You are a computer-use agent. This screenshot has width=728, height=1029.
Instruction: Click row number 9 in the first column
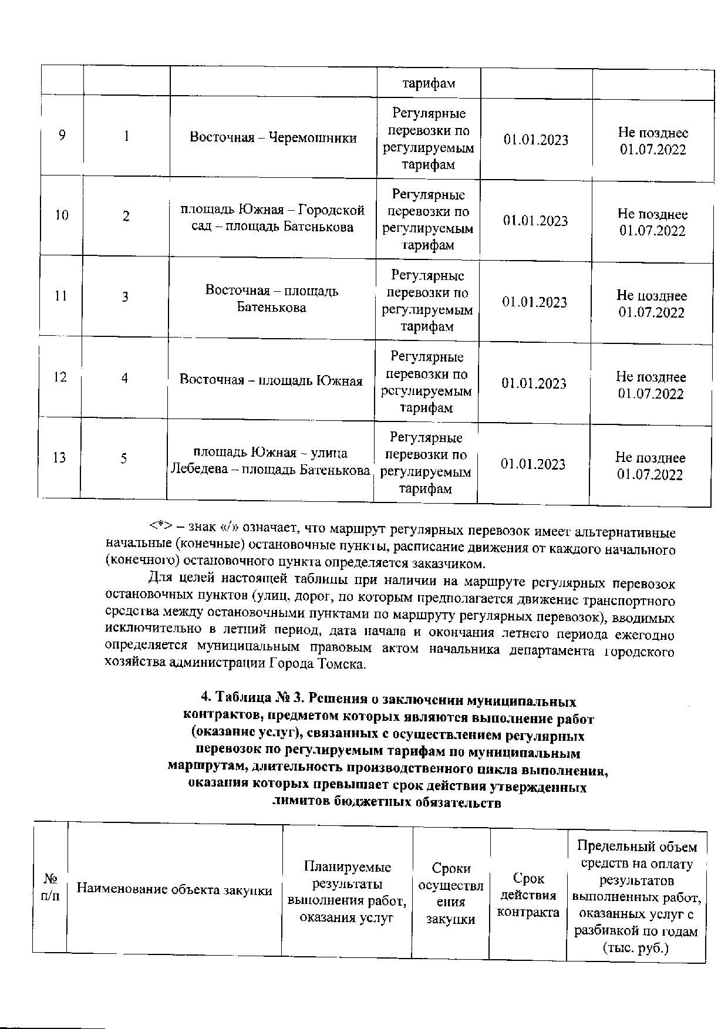62,136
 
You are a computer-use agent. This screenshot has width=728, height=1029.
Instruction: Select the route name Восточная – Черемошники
273,138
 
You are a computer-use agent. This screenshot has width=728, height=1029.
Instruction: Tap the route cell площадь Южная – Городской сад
272,218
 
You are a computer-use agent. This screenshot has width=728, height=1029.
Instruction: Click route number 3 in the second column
125,297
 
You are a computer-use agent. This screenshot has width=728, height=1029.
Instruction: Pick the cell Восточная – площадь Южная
271,380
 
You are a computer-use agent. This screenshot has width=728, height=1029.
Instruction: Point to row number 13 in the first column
59,457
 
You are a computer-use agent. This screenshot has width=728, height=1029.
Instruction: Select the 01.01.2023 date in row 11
534,302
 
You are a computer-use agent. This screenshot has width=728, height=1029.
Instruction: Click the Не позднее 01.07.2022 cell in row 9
653,141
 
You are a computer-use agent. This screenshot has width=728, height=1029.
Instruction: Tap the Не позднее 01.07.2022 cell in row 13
650,466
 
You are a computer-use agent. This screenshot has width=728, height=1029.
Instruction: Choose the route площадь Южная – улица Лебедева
271,461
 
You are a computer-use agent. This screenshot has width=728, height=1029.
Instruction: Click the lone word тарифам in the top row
429,83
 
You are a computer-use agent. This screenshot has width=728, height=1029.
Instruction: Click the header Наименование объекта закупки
175,890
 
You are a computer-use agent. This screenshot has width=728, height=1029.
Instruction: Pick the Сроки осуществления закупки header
451,893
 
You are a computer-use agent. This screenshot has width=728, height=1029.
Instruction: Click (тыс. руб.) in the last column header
636,948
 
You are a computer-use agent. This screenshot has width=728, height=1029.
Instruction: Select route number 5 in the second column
124,458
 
